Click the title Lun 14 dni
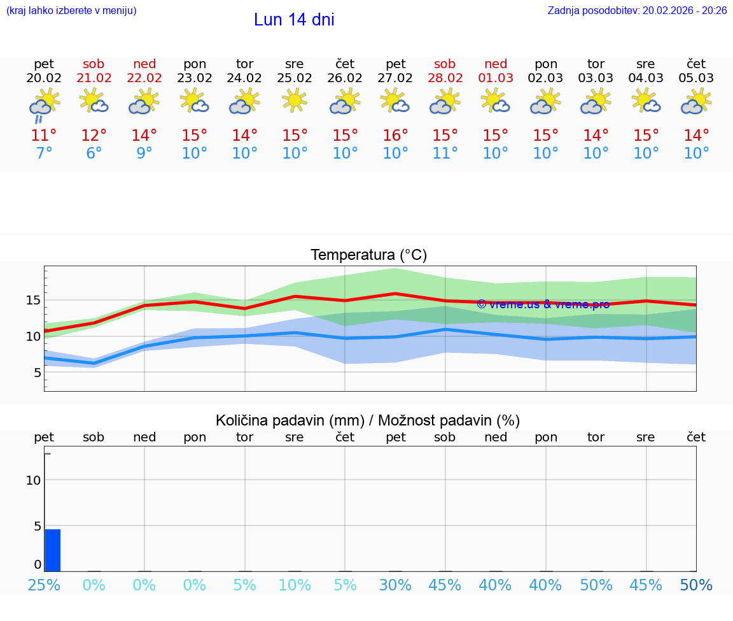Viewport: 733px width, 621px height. pos(294,20)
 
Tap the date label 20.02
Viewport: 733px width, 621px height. pos(44,78)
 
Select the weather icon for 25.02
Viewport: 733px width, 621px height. pos(295,101)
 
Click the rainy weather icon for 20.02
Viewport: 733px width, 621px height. pos(44,104)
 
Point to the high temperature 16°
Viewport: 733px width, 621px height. pos(395,135)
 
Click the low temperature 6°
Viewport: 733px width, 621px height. pos(94,153)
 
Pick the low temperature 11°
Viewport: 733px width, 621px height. pos(445,153)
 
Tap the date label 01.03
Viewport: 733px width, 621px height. pos(496,78)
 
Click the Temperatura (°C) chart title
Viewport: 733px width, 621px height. pos(368,255)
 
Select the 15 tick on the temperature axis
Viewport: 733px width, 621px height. pos(33,300)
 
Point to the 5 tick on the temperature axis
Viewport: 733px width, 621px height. pos(38,373)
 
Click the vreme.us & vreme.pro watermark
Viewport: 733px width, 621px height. pos(543,304)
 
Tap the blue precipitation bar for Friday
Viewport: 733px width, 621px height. pos(53,550)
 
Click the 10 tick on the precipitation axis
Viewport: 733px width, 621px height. pos(33,480)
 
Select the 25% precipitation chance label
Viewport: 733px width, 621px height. pos(44,585)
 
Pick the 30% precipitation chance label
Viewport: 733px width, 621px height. pos(395,585)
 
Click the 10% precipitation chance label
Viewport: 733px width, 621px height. pos(295,585)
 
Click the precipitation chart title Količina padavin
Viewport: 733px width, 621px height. pos(368,420)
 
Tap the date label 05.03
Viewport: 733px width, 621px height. pos(697,78)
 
